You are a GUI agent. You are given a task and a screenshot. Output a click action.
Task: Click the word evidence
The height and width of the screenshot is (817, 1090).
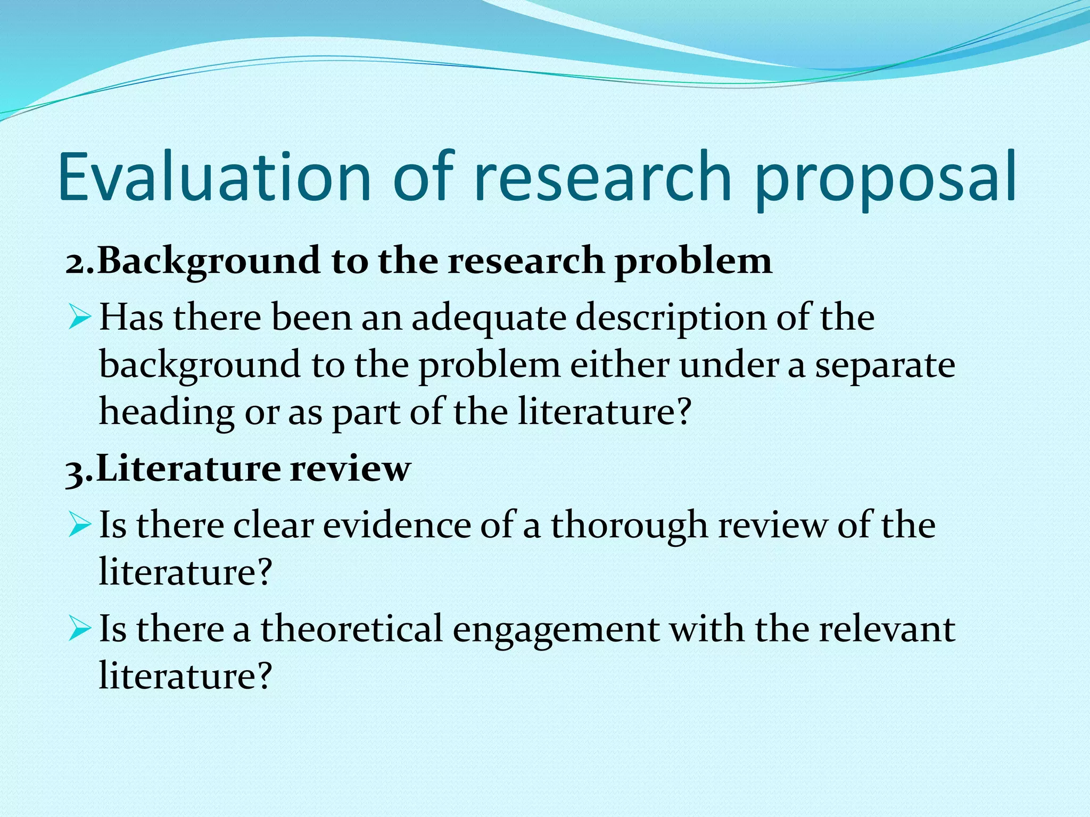click(397, 526)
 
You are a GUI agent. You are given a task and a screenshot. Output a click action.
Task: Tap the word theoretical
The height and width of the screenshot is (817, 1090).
click(351, 629)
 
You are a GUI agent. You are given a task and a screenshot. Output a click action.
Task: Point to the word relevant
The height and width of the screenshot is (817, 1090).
click(887, 629)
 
